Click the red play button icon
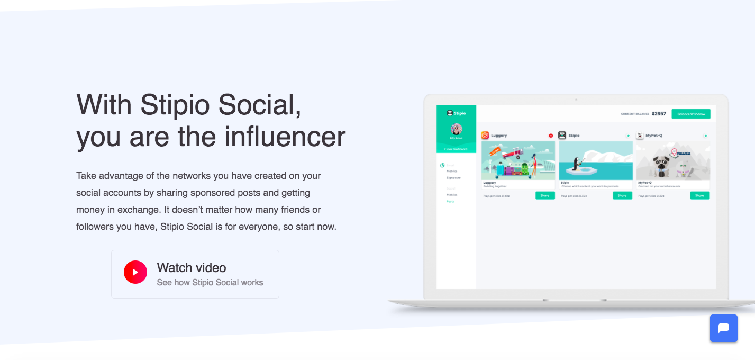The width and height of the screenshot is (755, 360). point(135,272)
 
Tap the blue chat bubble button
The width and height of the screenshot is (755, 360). point(723,328)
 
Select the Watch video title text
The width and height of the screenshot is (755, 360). point(192,268)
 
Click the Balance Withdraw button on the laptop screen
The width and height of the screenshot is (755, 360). point(690,114)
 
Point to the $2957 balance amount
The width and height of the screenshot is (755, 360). point(659,114)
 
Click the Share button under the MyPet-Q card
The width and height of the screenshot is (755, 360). point(699,196)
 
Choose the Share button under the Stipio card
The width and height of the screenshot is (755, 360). point(622,196)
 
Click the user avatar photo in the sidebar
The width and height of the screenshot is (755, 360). point(456,129)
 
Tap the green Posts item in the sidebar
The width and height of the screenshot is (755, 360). point(450,202)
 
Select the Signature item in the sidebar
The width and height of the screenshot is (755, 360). point(453,178)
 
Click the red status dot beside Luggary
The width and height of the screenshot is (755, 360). point(551,136)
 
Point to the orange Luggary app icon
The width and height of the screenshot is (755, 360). point(485,136)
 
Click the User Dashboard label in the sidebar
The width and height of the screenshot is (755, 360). point(456,149)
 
